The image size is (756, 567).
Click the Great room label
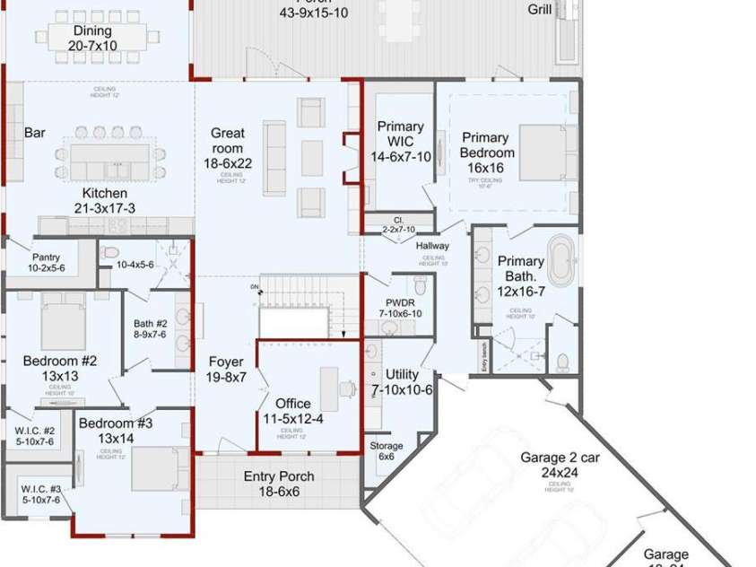click(227, 141)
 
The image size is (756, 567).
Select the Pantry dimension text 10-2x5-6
click(47, 268)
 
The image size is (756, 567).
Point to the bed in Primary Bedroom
click(548, 152)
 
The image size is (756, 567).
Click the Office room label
click(292, 404)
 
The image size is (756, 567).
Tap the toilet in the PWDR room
click(421, 285)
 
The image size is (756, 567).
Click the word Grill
click(540, 10)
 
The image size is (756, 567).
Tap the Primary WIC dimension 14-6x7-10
click(400, 157)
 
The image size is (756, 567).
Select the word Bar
click(35, 133)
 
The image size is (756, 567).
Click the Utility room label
click(402, 374)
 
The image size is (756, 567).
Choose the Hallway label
click(432, 246)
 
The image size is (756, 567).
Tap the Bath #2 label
click(151, 324)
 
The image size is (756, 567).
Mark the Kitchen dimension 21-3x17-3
click(105, 208)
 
